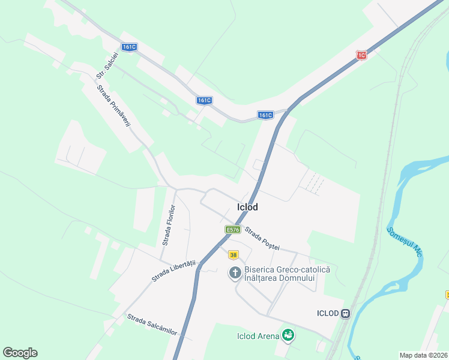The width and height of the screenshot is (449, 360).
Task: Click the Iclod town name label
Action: tap(247, 207)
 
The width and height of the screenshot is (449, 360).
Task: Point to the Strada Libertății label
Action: tap(174, 271)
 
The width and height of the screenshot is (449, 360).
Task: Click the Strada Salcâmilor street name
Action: tap(152, 325)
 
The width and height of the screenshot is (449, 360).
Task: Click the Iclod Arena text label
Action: tap(258, 336)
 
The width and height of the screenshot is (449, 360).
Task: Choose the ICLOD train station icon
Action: tap(345, 313)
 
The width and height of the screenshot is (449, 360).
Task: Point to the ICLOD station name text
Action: tap(328, 313)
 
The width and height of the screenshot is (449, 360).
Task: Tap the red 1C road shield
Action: tap(361, 55)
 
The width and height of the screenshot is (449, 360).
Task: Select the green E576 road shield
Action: tap(233, 229)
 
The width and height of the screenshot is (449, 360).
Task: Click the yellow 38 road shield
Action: tap(233, 254)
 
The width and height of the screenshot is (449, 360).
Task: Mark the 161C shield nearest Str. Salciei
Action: tap(128, 47)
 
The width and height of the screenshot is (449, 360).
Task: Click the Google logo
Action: tap(20, 353)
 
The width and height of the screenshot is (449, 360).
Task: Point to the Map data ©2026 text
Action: tap(424, 355)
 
